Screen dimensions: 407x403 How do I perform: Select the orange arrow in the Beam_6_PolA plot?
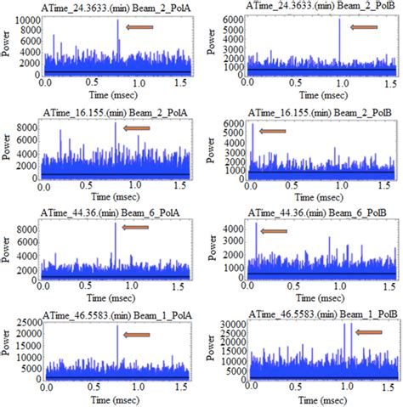(138, 227)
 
